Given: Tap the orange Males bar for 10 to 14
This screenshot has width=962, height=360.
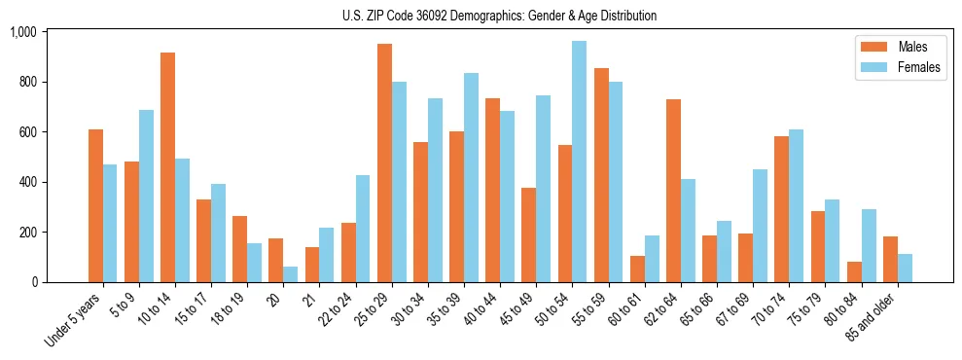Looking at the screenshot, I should [x=168, y=167].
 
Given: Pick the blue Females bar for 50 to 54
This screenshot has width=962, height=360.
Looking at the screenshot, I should [x=579, y=162].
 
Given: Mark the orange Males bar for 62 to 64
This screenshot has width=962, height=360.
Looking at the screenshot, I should [x=673, y=191].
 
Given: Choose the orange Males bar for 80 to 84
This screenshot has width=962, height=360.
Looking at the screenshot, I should [x=854, y=271].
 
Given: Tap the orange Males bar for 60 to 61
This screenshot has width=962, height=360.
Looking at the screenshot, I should [x=637, y=269].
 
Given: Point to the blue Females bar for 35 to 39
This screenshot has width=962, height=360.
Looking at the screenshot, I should [x=471, y=177].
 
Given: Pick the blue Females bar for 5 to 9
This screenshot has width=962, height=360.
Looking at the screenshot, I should [x=146, y=196].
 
